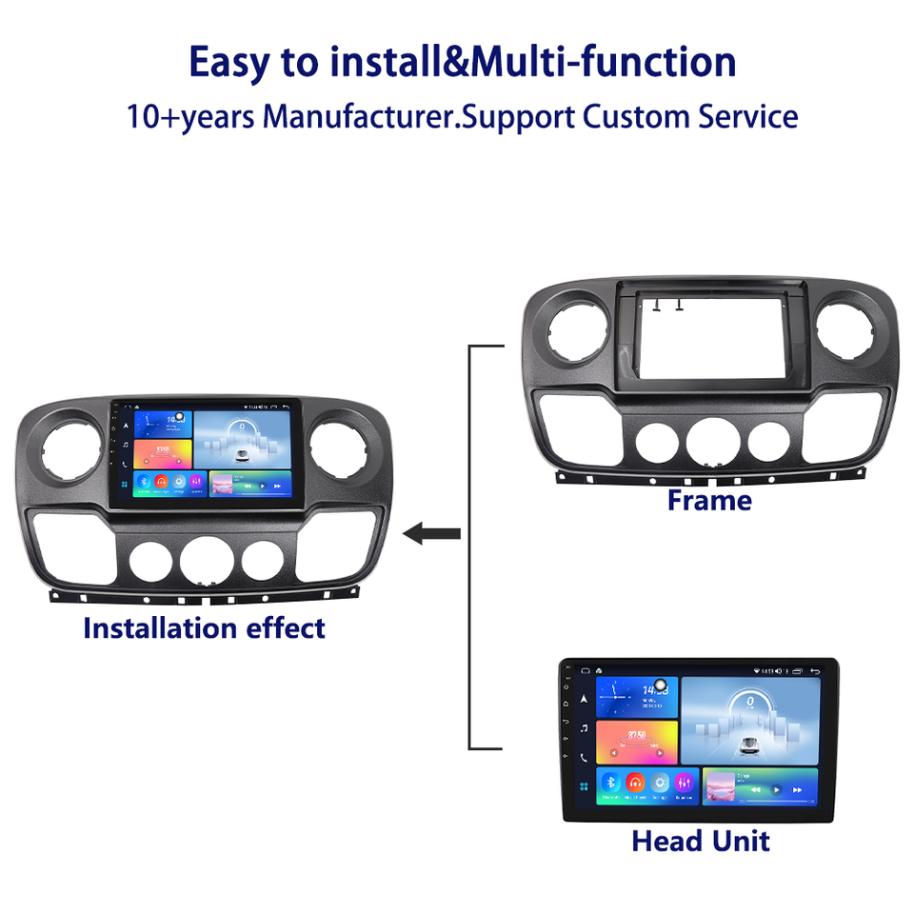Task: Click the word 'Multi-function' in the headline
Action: click(x=605, y=62)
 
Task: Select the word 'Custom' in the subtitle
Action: click(x=644, y=117)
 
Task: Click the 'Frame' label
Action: click(x=709, y=500)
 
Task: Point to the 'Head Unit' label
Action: click(x=701, y=841)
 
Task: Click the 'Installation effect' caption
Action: click(x=204, y=628)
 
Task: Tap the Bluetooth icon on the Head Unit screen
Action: click(x=610, y=784)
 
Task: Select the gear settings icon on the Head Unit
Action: click(x=659, y=784)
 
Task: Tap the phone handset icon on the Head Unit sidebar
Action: click(x=583, y=758)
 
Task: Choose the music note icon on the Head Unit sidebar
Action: click(x=583, y=728)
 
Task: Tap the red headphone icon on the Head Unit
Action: click(x=635, y=784)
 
